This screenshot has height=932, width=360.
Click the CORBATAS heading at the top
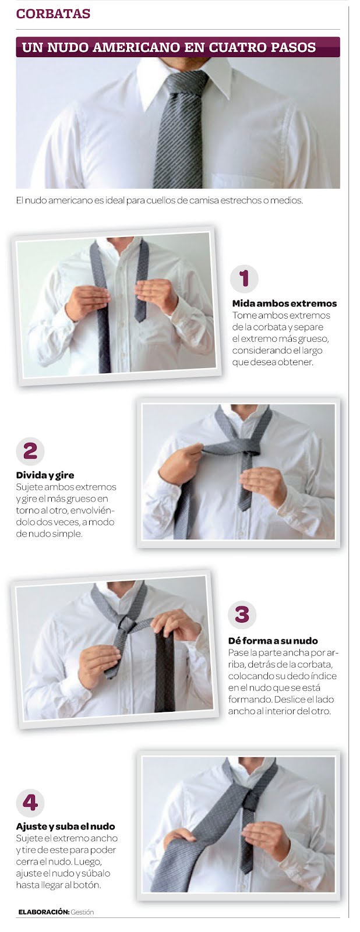[53, 14]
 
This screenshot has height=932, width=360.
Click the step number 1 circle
[244, 278]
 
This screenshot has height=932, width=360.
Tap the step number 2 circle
[30, 451]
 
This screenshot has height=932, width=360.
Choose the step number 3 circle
[242, 615]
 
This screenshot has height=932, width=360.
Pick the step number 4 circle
[30, 802]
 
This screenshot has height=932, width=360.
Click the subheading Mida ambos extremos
[284, 303]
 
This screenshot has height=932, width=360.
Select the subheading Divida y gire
[45, 475]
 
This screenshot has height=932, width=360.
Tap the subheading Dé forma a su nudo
[273, 641]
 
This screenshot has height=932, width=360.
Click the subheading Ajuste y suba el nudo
[65, 827]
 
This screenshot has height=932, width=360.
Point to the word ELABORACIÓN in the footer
[43, 912]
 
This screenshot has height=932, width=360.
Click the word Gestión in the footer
[82, 912]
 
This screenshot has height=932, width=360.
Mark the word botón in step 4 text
[87, 885]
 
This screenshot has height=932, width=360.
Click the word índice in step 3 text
[324, 676]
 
